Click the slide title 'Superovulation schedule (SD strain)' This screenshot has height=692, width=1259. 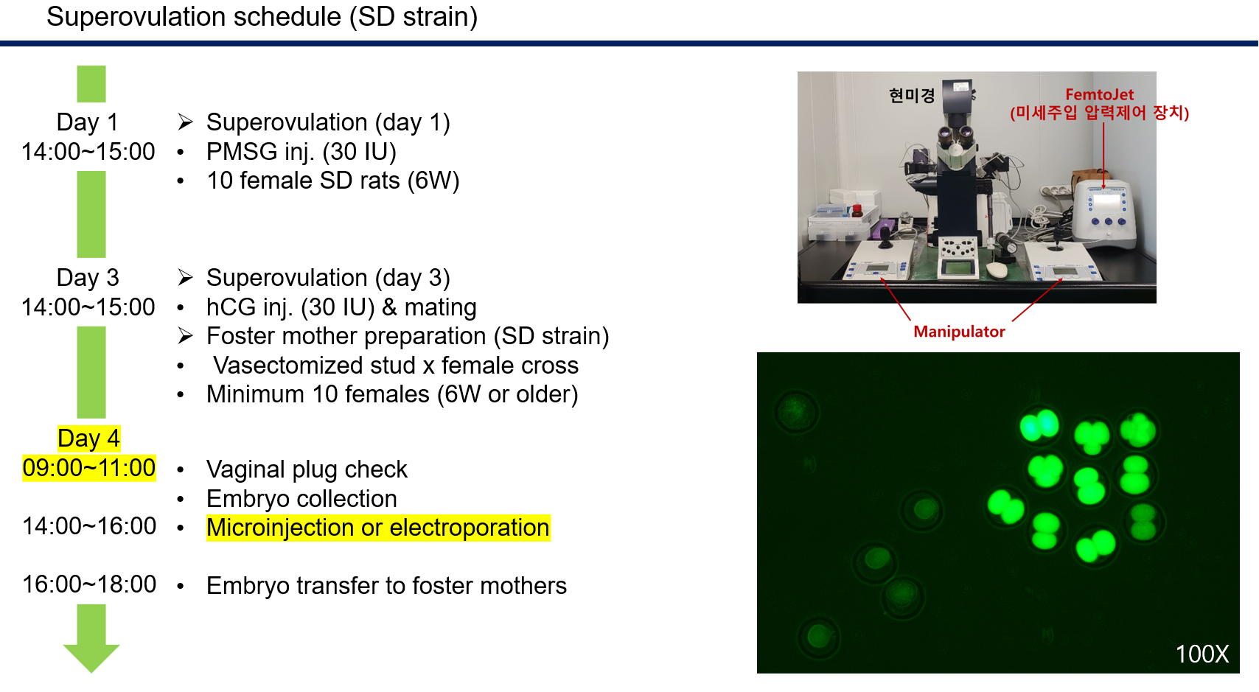[x=262, y=17]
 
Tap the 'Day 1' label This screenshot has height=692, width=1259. [x=87, y=122]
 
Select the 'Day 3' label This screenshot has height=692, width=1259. [x=88, y=278]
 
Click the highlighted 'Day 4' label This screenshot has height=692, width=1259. [x=88, y=438]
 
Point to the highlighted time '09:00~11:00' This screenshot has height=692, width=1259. [x=88, y=468]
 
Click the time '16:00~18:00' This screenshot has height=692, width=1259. [x=88, y=584]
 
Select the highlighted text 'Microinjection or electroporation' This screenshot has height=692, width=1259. [x=377, y=528]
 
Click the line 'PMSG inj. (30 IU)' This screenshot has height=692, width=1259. [x=301, y=152]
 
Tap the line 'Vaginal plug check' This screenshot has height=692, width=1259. [x=307, y=469]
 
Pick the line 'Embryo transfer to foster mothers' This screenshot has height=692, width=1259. [x=386, y=586]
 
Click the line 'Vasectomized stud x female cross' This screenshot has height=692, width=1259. [x=396, y=366]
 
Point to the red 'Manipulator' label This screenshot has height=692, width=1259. [x=959, y=332]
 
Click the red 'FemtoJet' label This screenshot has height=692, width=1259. [x=1099, y=94]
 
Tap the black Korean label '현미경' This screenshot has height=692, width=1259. [x=911, y=96]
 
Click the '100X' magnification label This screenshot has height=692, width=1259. [x=1202, y=654]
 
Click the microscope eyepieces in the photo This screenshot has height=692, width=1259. [x=955, y=135]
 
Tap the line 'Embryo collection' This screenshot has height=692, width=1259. [x=301, y=499]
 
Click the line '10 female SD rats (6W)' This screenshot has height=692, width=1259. [x=332, y=181]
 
